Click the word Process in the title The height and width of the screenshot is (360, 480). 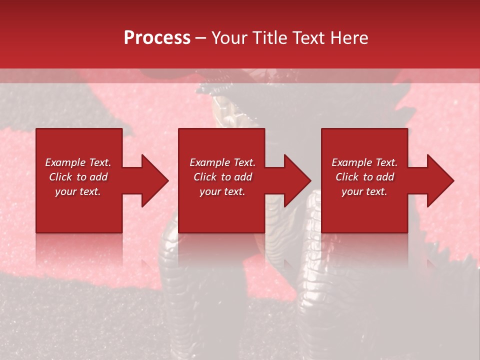coord(157,38)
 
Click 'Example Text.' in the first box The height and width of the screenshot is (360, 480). coord(78,162)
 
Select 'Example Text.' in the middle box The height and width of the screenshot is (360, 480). coord(222,162)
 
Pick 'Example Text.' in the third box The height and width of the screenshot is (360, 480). coord(364,162)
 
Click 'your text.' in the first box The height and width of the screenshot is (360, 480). coord(78,191)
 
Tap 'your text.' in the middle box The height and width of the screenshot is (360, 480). coord(222,191)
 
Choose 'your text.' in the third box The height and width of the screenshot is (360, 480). coord(364,191)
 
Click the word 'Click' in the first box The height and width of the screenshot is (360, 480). coord(61,177)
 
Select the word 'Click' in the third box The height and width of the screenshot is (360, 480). coord(347,177)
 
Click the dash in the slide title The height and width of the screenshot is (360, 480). coord(201,38)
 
